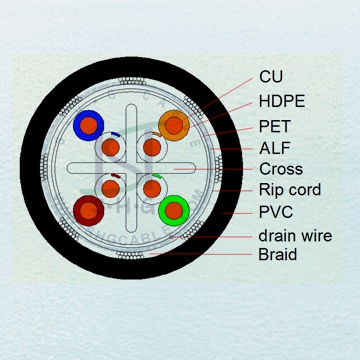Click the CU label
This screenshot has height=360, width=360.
coord(271,76)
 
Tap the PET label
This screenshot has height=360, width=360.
coord(274,125)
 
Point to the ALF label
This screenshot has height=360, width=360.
coord(274,147)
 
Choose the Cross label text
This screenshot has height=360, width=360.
coord(280,169)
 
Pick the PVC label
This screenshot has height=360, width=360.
coord(275,212)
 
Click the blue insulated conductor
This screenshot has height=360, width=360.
coord(88,125)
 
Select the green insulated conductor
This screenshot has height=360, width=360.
coord(175,210)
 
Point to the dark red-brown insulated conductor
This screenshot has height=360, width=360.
coord(88,209)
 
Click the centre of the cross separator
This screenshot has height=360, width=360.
coord(131,167)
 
